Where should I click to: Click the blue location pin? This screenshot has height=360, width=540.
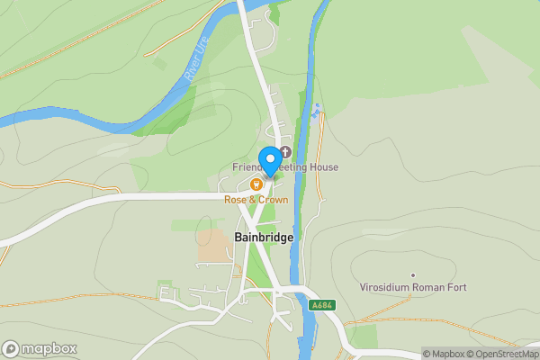click(269, 160)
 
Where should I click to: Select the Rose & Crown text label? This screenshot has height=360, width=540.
click(256, 200)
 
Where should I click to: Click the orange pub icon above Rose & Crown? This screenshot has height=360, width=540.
click(256, 184)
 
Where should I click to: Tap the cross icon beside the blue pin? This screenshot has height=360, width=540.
click(286, 151)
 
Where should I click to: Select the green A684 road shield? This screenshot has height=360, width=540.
click(321, 306)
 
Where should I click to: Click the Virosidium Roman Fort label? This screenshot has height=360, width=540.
click(413, 288)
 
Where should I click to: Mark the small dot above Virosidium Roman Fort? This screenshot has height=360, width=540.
click(413, 275)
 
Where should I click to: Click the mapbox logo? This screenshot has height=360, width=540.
click(40, 348)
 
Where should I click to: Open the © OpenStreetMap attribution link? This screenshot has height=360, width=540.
click(499, 354)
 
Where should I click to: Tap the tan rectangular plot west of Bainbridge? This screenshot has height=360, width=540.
click(214, 244)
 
